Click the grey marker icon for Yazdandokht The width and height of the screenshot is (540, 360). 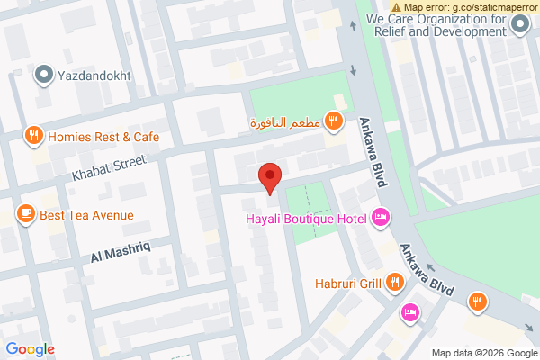[x=43, y=76]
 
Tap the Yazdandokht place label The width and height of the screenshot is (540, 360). [x=95, y=76]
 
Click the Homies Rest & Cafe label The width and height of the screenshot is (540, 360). [x=103, y=137]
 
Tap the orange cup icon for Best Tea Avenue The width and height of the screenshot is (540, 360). [x=25, y=214]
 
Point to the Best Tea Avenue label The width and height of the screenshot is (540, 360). [x=86, y=215]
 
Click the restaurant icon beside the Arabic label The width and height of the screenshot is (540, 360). [x=333, y=121]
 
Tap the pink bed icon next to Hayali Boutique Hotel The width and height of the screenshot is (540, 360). [x=381, y=217]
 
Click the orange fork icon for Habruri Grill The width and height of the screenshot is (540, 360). [x=394, y=283]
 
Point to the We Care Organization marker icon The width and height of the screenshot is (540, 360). [x=519, y=24]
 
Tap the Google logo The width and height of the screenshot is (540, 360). [x=30, y=349]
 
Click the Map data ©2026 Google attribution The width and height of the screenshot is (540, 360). [x=482, y=352]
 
